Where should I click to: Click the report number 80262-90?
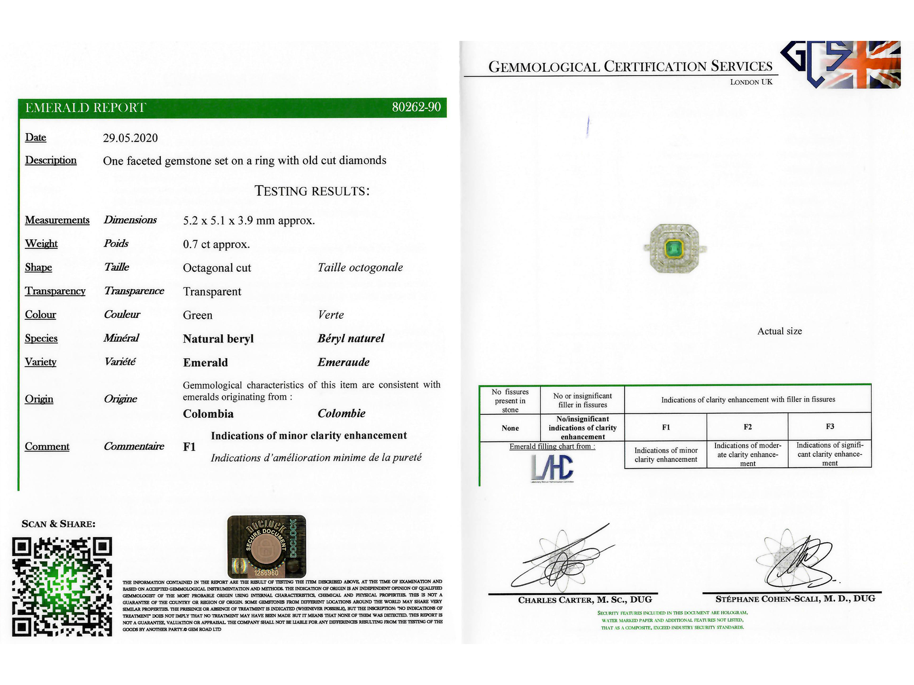416,107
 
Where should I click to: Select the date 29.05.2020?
130,138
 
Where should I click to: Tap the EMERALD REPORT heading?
86,108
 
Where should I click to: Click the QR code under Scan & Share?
62,587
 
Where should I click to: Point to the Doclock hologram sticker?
267,547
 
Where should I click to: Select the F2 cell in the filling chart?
747,427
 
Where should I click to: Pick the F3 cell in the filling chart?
830,427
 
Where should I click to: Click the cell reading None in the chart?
510,428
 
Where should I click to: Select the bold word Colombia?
208,414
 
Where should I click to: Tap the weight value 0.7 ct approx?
216,245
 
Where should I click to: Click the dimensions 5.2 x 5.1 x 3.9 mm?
248,221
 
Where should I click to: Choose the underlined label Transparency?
55,291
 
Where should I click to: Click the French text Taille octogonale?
360,267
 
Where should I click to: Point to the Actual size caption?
779,332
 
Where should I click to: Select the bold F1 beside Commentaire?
189,447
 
